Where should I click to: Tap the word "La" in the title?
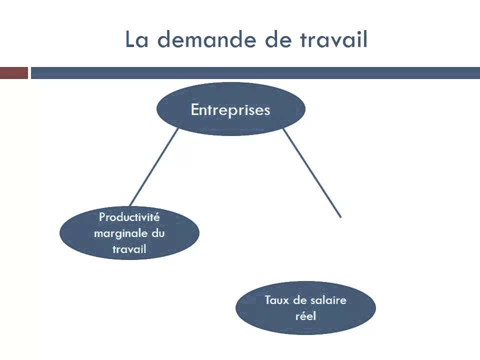[137, 39]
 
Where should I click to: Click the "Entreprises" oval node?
[230, 109]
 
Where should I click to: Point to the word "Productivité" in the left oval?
[129, 217]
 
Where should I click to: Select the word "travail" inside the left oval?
[129, 249]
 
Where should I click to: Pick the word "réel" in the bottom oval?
[305, 316]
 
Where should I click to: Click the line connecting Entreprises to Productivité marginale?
[153, 167]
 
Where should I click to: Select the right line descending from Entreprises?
[312, 172]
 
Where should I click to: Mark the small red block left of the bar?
[13, 73]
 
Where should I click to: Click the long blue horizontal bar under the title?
[255, 73]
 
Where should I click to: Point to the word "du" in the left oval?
[158, 233]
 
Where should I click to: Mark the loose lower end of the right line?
[340, 216]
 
